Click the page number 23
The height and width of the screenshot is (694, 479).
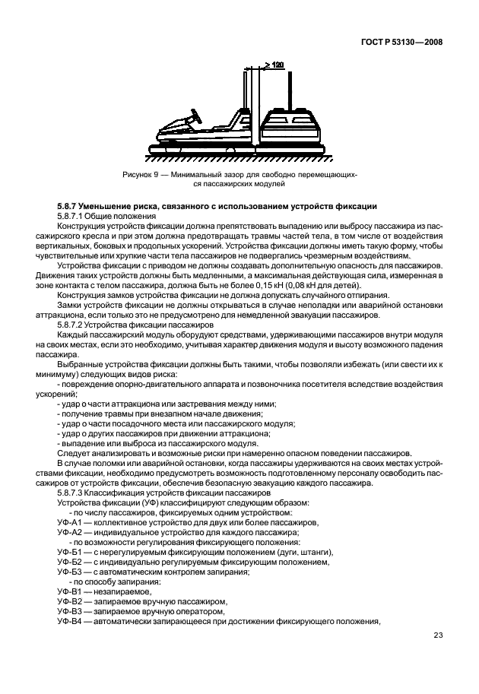[x=438, y=635]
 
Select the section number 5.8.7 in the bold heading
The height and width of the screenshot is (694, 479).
[x=70, y=208]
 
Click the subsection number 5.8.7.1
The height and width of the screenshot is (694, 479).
[x=72, y=217]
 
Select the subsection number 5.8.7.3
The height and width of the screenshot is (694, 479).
[x=72, y=493]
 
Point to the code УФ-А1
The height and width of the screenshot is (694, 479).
[x=69, y=521]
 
